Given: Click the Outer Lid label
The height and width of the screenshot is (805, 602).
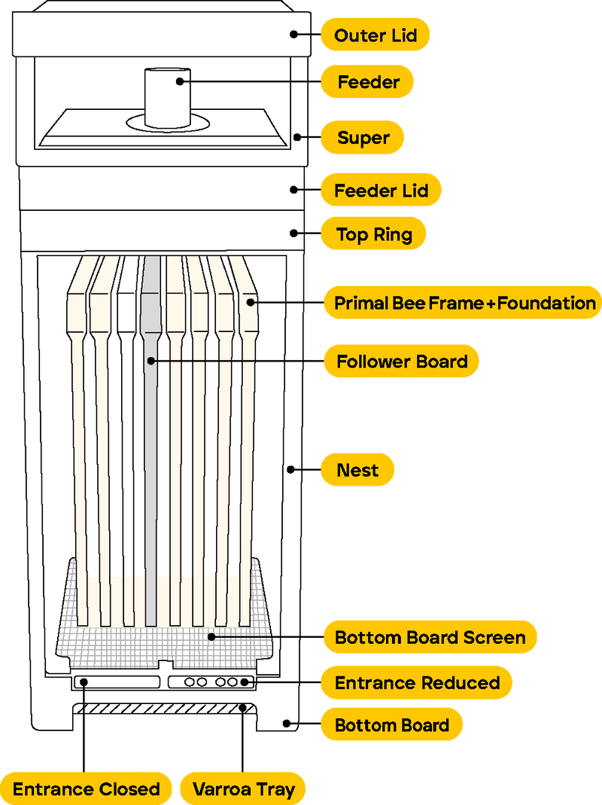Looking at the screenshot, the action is [375, 35].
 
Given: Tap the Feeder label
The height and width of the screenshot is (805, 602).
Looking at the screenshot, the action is [367, 81].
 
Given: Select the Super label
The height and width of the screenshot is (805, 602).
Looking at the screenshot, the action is [363, 137].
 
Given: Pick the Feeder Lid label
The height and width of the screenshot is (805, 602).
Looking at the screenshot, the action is [381, 190].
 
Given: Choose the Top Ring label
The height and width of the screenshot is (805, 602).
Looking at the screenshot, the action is [374, 233].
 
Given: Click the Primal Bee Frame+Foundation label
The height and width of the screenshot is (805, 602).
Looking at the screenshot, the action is [464, 303].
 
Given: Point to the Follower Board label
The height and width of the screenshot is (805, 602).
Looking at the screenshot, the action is [401, 361].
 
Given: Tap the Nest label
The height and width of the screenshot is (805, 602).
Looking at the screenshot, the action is [357, 470].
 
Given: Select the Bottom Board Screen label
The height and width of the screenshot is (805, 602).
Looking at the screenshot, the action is [430, 637].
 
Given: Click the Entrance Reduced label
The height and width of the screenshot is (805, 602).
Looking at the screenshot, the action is [417, 682].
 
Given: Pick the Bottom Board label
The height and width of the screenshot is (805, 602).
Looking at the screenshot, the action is [391, 724].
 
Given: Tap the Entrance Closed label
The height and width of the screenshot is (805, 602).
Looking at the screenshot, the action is [86, 788].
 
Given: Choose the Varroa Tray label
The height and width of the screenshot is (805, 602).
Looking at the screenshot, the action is [243, 788].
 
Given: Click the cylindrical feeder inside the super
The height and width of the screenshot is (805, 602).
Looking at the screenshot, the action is [168, 98].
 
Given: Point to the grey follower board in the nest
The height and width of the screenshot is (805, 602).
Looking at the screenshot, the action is [150, 441].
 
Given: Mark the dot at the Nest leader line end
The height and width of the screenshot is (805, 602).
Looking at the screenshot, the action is [290, 469].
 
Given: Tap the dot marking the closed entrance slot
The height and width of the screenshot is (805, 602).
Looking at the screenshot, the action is [84, 682].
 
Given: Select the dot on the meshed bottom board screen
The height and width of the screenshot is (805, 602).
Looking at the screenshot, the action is [211, 636].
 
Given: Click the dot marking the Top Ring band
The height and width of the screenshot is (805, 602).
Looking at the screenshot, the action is [293, 233].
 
